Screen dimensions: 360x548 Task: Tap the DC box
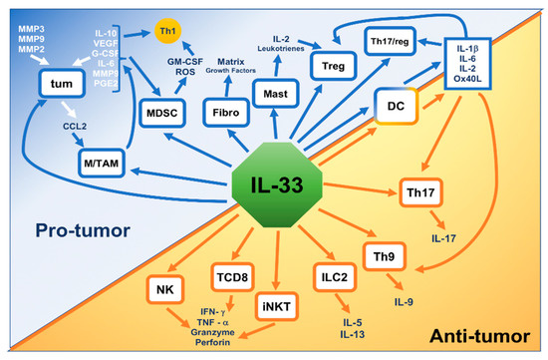pos(396,102)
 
